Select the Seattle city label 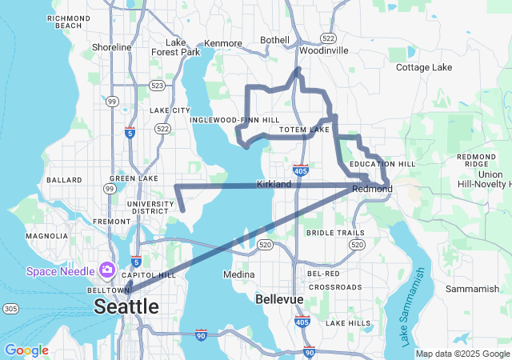tap(126, 306)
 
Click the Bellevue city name tap(279, 299)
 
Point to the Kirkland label tap(274, 184)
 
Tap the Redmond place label tap(373, 189)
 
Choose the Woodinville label tap(324, 50)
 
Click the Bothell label tap(274, 40)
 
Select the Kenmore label tap(223, 43)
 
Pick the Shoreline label tap(111, 47)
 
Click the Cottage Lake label tap(424, 67)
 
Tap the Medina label tap(238, 274)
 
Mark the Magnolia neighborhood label tap(46, 236)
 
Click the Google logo tap(26, 350)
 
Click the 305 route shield tap(10, 308)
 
